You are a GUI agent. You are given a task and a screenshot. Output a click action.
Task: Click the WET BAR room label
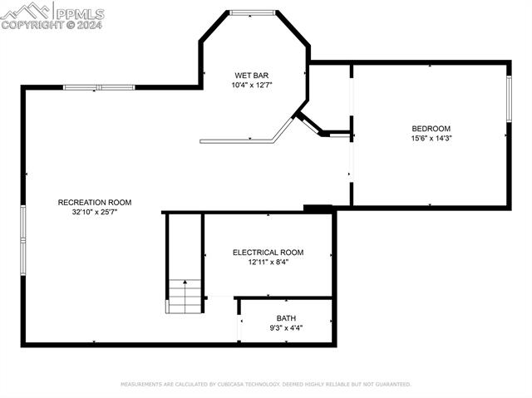[x=252, y=75]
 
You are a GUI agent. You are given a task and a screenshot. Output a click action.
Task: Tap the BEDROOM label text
[x=431, y=128]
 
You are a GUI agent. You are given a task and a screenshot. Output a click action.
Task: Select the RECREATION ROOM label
[x=95, y=202]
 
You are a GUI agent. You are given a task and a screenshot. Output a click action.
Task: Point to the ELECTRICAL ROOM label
[x=268, y=253]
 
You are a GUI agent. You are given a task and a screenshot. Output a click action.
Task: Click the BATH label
[x=286, y=318]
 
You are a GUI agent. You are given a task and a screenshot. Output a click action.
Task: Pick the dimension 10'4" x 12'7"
[x=252, y=85]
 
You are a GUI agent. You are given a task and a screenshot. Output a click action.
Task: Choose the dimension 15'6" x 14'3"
[x=431, y=138]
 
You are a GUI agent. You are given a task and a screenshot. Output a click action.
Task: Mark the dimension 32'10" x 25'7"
[x=95, y=212]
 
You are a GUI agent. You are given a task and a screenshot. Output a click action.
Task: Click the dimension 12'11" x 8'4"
[x=268, y=263]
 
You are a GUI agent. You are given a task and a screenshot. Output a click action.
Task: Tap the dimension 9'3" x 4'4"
[x=286, y=328]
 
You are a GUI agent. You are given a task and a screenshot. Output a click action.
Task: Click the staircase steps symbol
[x=185, y=296]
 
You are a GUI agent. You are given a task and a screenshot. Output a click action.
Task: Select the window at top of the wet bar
[x=253, y=12]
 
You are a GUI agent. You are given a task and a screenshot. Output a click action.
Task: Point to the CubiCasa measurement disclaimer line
[x=265, y=385]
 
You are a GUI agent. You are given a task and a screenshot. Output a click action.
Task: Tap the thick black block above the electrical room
[x=318, y=209]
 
